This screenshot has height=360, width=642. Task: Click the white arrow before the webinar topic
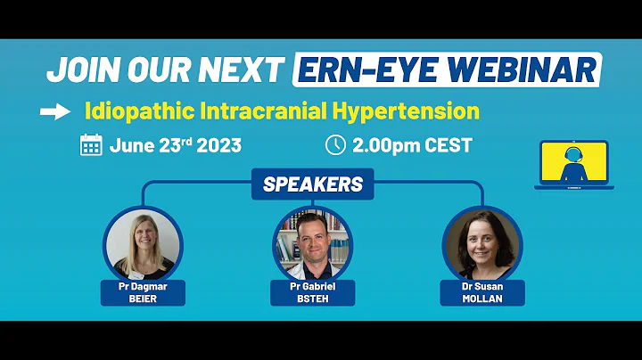(x=56, y=112)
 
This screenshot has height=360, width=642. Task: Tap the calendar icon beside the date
(x=91, y=145)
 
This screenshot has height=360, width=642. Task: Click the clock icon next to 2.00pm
(x=335, y=144)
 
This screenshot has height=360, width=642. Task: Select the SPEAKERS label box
(x=312, y=184)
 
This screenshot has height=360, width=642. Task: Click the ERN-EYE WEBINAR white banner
(x=446, y=70)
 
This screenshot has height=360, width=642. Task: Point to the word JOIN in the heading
(x=81, y=70)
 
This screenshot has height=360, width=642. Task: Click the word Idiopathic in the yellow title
(x=130, y=112)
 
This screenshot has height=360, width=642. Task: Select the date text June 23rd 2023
(x=174, y=145)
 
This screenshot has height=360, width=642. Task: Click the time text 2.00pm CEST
(x=411, y=145)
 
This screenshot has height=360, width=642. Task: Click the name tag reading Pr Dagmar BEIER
(x=143, y=291)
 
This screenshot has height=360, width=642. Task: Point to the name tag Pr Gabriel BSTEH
(x=312, y=291)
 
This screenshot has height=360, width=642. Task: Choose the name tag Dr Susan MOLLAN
(x=482, y=293)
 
